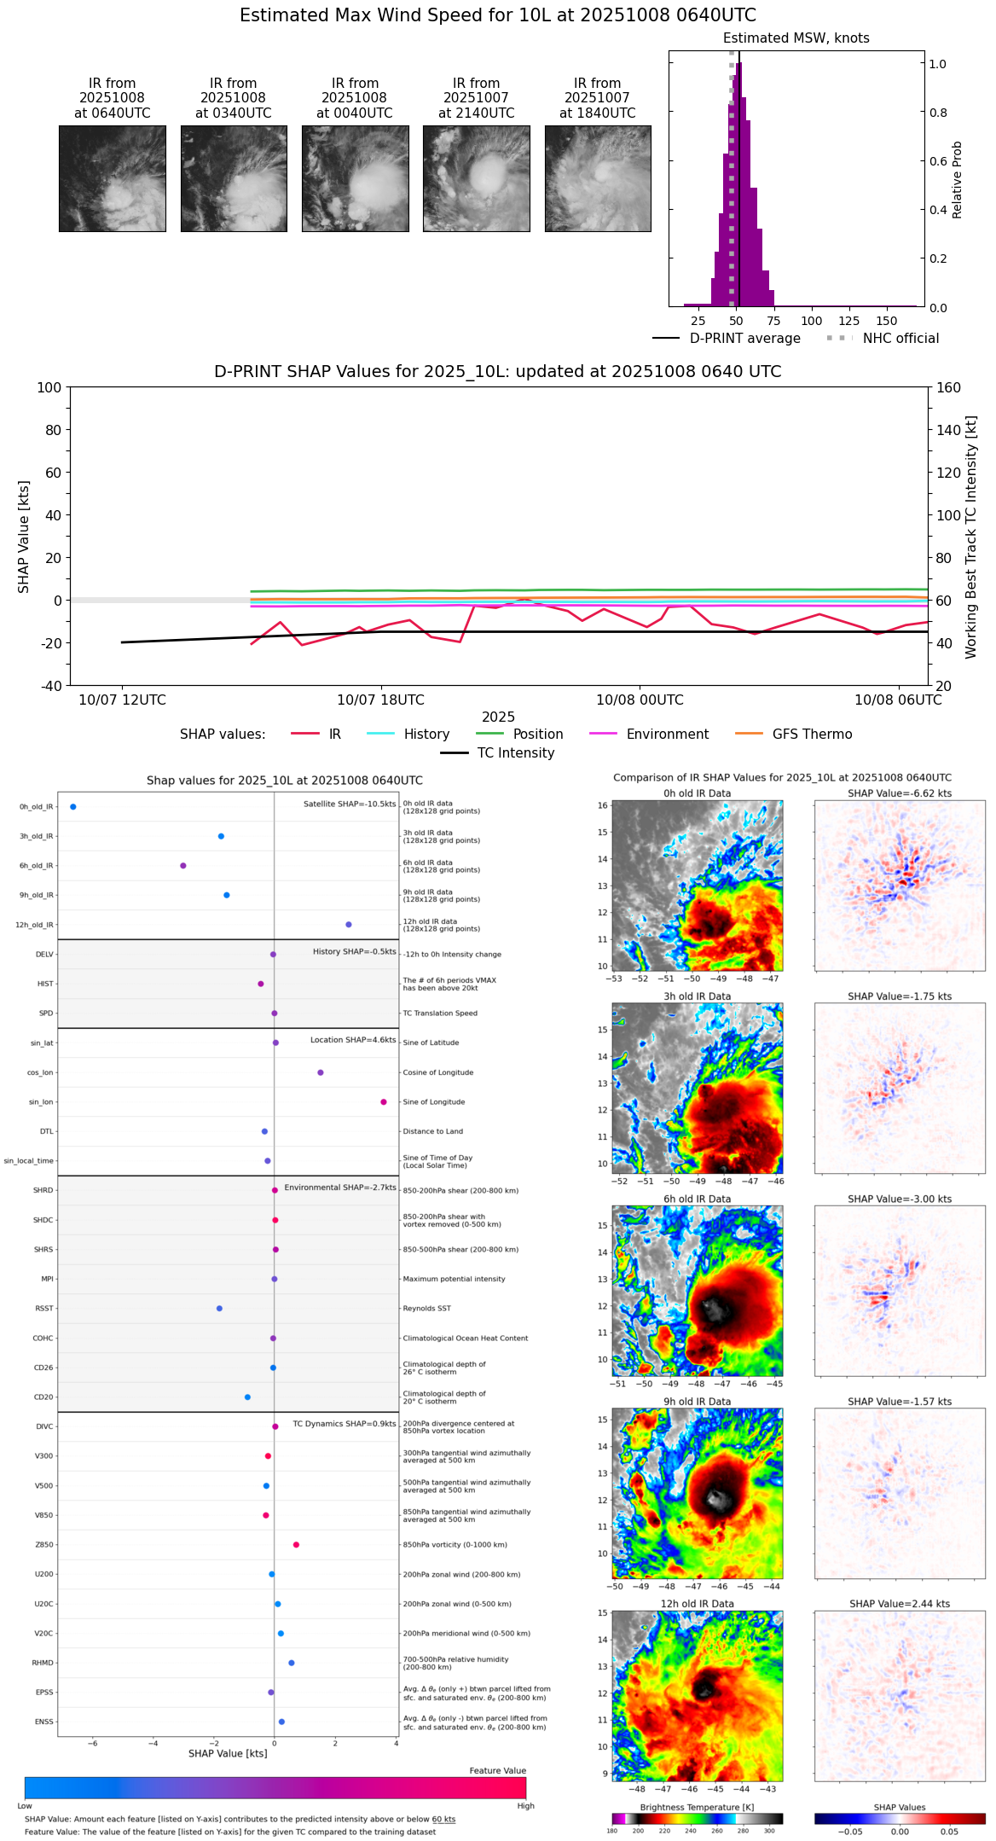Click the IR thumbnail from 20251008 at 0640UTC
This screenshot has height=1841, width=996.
point(113,178)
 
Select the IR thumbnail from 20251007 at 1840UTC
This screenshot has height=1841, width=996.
point(598,178)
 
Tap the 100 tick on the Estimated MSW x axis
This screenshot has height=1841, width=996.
point(811,321)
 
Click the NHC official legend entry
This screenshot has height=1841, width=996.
point(900,339)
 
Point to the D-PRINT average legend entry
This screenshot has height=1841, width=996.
point(744,339)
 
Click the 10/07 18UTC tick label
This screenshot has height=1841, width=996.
point(380,700)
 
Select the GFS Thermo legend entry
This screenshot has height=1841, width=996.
point(812,735)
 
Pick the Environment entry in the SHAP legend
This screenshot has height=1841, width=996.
point(667,735)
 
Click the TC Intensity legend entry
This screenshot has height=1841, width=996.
point(515,753)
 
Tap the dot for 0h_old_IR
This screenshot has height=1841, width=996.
point(73,807)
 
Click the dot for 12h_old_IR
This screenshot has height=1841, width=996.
point(349,925)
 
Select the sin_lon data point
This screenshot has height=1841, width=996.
point(384,1102)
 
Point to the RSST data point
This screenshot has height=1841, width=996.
point(219,1309)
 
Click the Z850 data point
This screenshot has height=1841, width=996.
point(296,1545)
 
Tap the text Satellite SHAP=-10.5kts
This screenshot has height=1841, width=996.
point(350,804)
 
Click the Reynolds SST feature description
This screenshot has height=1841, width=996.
point(427,1309)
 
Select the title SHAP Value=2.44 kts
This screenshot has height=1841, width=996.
point(900,1604)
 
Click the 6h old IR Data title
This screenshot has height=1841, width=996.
point(697,1199)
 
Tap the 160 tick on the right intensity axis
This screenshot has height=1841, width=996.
point(948,388)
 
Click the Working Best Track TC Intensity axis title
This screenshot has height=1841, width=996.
point(971,537)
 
